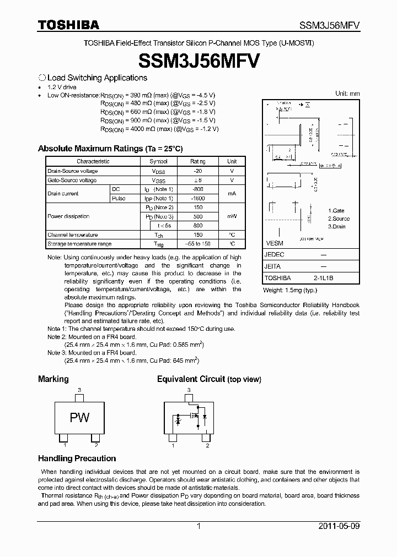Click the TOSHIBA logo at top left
point(68,25)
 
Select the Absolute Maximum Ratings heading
point(110,149)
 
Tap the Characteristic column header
point(93,161)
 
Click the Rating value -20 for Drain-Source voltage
point(198,171)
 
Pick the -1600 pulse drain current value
point(198,198)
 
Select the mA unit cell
point(232,194)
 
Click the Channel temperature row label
point(72,234)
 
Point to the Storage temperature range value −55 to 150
point(198,243)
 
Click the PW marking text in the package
point(79,418)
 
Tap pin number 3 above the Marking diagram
point(79,390)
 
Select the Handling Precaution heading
point(77,458)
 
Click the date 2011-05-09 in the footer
point(339,526)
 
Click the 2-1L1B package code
point(324,278)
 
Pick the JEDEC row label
point(274,255)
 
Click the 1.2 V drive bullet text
point(62,87)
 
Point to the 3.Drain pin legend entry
point(337,227)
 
